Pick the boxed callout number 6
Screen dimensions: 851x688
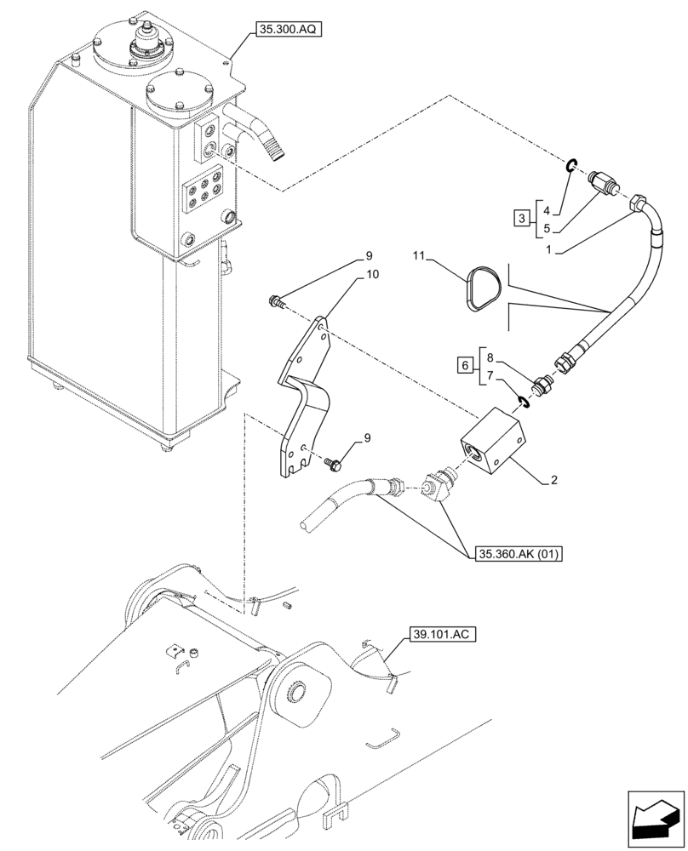464,364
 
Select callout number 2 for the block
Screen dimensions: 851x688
553,481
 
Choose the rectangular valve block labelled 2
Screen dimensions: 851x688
494,440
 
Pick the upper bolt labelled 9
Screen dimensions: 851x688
276,299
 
